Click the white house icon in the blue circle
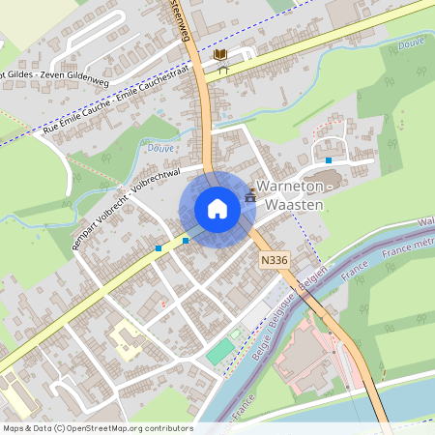(217, 209)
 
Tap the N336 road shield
(275, 260)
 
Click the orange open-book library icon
(221, 54)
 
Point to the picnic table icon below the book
(222, 70)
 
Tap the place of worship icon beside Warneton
(251, 195)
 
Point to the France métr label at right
(409, 252)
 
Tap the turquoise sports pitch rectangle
(219, 351)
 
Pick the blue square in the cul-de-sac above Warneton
(329, 159)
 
